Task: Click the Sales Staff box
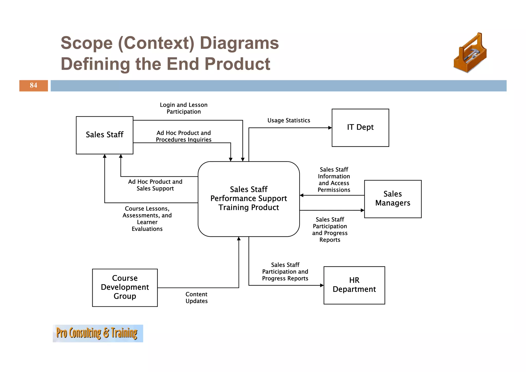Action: pos(105,135)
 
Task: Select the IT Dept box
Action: pos(360,128)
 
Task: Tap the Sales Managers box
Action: pos(392,199)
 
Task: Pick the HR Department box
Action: pos(354,285)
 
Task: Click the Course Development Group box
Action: pos(125,287)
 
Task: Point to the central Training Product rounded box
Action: pos(248,199)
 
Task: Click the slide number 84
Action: pos(33,85)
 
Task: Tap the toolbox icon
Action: pos(470,53)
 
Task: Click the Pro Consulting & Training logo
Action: pos(98,333)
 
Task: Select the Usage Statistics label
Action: pos(289,120)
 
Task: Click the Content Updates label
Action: pos(196,297)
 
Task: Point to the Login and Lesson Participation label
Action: pos(184,108)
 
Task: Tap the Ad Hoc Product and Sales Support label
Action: pos(155,185)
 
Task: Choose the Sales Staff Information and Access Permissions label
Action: pos(334,180)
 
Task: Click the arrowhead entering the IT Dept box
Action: pos(330,128)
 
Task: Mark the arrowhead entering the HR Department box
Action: pos(322,285)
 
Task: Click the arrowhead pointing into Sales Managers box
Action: pos(362,210)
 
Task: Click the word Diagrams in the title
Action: pos(239,43)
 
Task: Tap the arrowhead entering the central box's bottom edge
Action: pos(239,239)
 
